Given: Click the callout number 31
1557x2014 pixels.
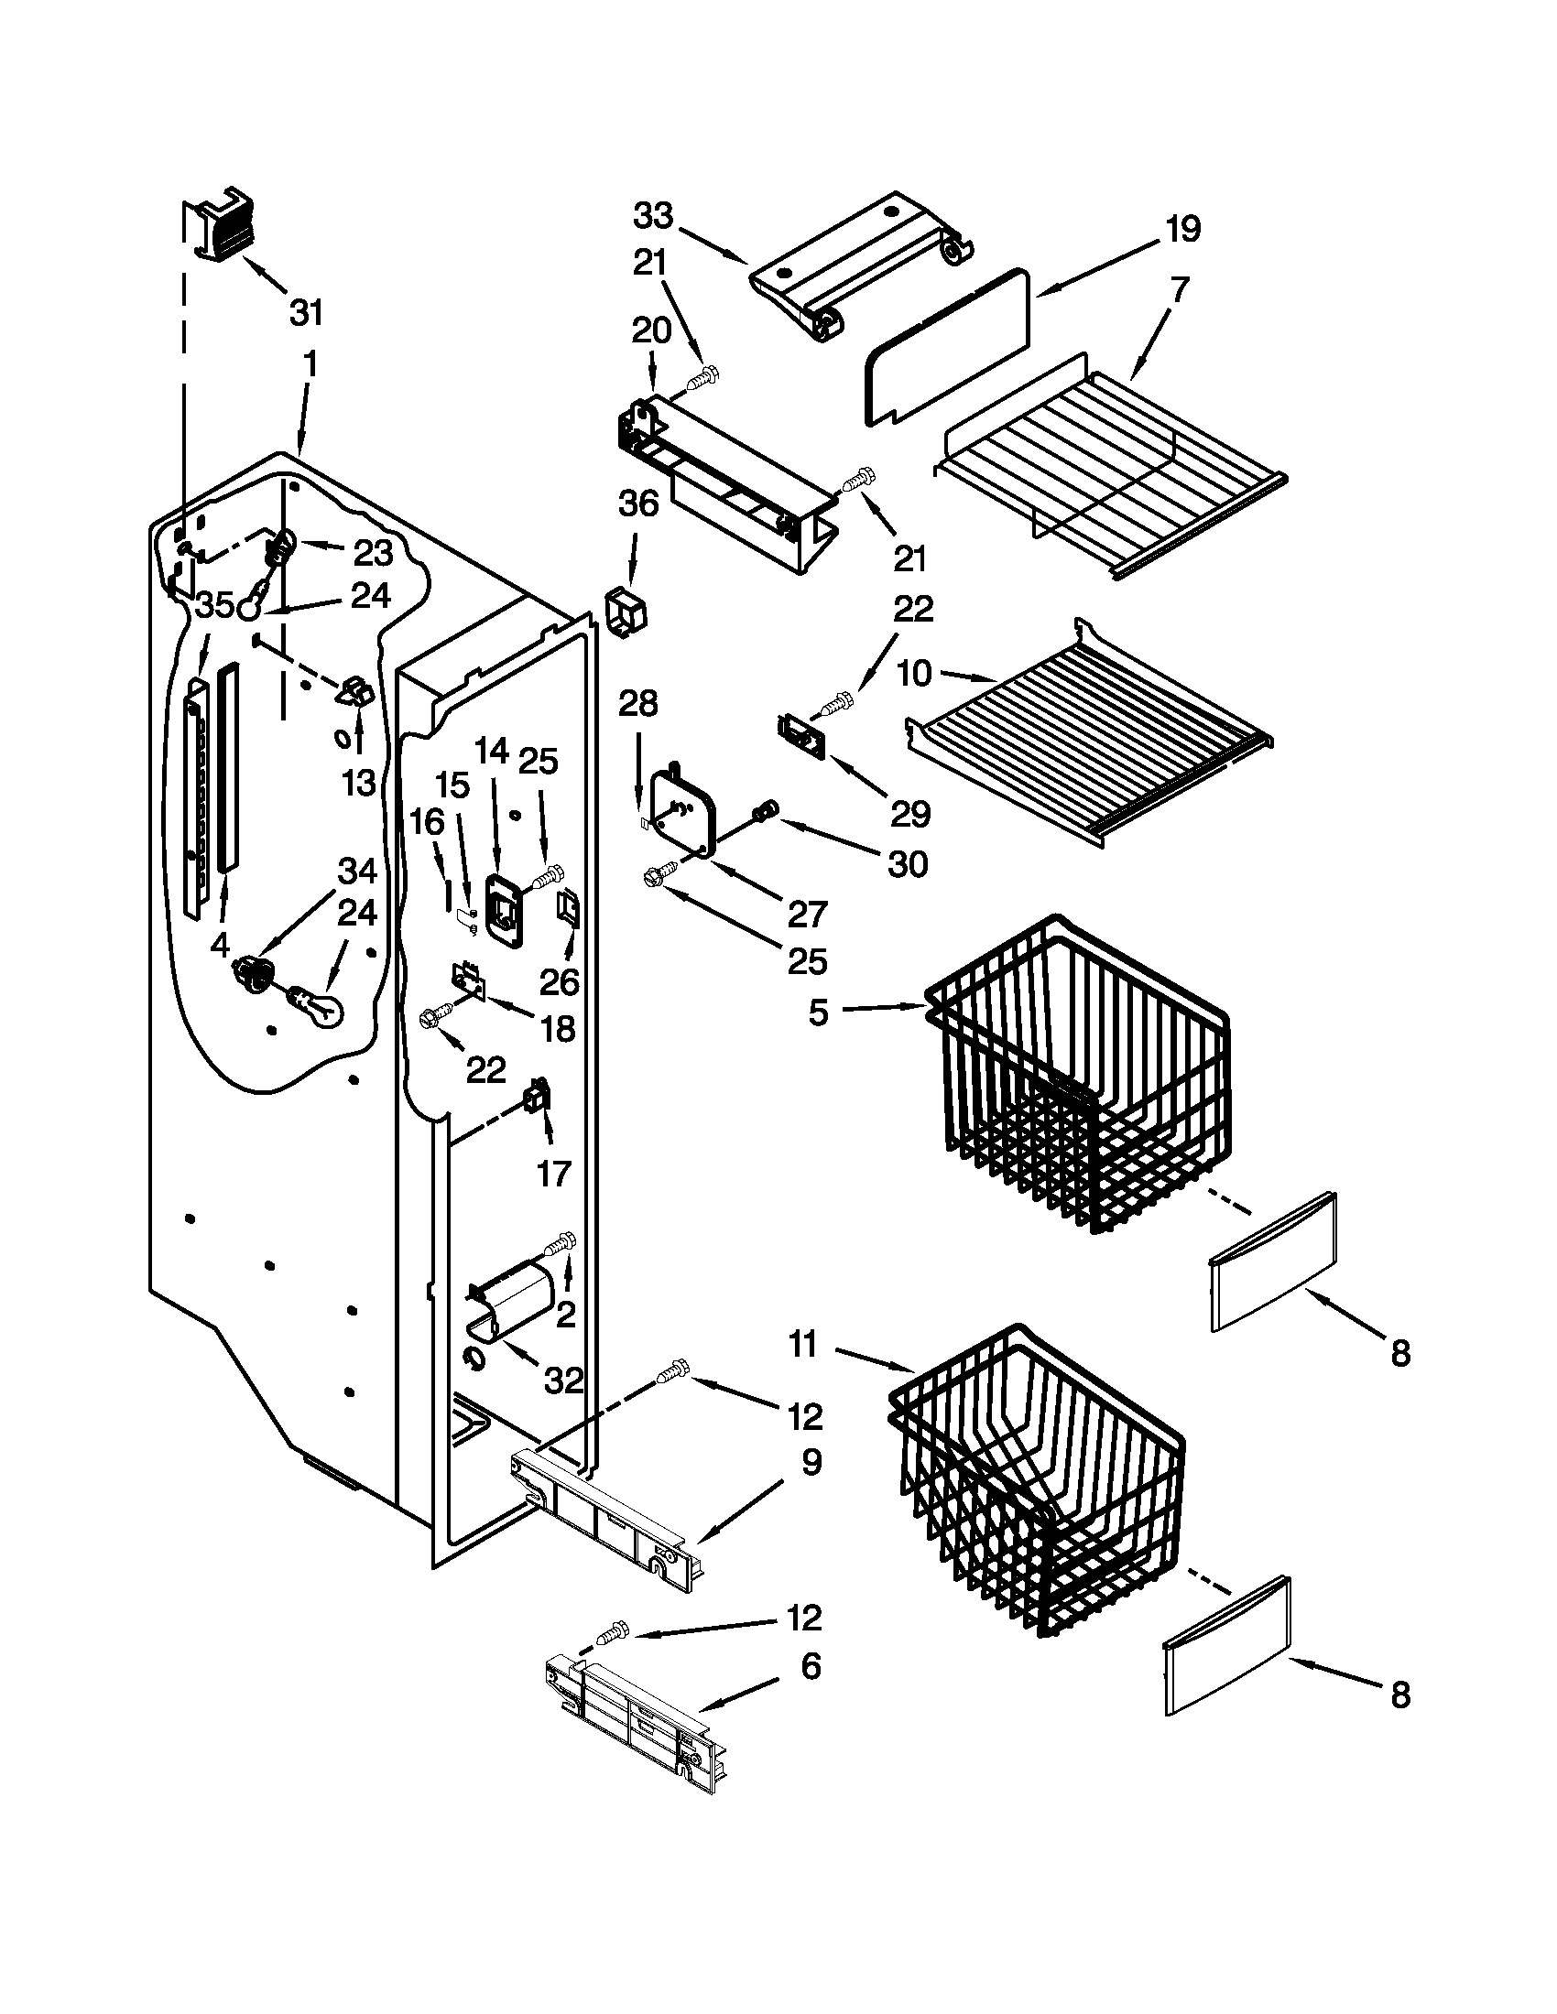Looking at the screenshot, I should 306,312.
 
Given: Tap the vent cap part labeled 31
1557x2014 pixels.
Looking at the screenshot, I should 219,225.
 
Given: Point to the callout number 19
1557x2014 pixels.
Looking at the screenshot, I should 1182,228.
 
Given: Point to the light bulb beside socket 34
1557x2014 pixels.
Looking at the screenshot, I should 318,1005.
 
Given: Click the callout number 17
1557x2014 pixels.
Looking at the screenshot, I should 553,1174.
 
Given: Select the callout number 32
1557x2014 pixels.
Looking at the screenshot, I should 563,1381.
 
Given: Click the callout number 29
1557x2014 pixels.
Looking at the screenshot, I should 910,814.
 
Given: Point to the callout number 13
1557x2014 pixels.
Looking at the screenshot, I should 359,783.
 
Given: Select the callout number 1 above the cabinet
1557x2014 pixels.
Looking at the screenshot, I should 310,364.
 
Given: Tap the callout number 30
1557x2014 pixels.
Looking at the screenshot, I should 908,864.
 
